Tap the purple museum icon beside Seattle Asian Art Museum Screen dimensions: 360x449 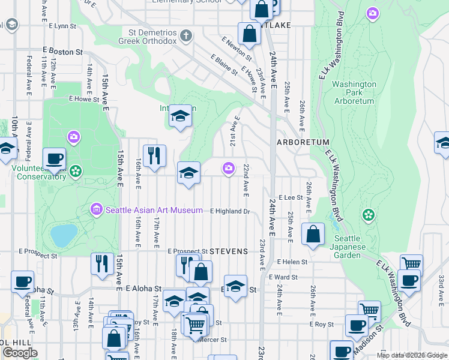point(96,209)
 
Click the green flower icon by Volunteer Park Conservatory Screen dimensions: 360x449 point(76,172)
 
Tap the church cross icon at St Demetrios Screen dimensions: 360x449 point(186,36)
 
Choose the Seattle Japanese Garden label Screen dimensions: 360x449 point(356,247)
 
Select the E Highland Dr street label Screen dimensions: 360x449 point(229,211)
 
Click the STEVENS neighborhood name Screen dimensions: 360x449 point(229,251)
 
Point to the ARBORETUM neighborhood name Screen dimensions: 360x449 point(303,142)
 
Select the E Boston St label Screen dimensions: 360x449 point(62,52)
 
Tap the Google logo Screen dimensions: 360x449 point(20,352)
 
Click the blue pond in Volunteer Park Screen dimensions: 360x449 point(64,235)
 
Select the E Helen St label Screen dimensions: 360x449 point(292,262)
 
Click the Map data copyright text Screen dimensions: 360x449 point(411,355)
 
